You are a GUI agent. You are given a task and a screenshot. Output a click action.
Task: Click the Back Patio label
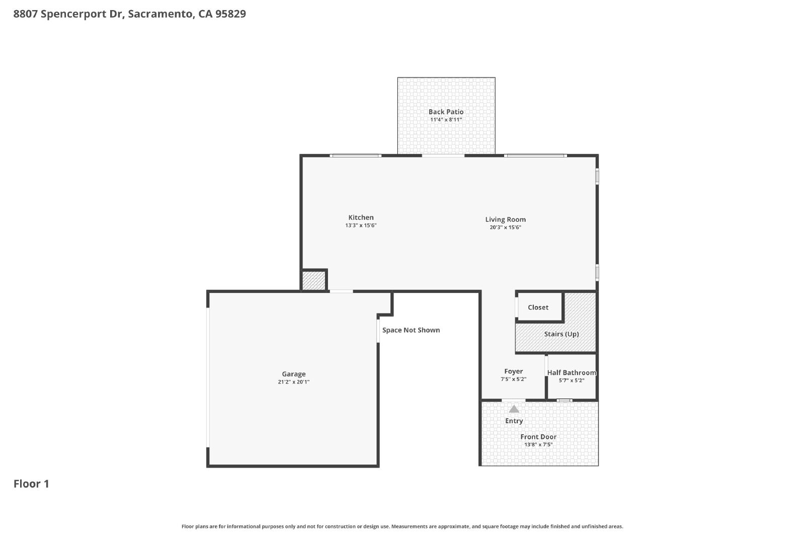[x=446, y=112]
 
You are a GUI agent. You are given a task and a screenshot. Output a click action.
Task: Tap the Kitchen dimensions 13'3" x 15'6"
[x=361, y=225]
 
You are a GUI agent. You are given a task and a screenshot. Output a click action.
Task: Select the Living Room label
[x=505, y=219]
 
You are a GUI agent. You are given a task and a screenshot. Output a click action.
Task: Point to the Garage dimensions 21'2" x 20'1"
[x=294, y=381]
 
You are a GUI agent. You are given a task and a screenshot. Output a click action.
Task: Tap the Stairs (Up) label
[x=561, y=334]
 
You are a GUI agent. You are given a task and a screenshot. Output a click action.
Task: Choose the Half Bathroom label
[x=572, y=372]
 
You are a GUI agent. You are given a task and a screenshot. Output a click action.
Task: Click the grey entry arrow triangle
[x=514, y=409]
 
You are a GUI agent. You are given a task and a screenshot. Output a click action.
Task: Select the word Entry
[x=514, y=421]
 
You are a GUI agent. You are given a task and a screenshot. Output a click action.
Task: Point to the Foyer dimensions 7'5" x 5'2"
[x=514, y=379]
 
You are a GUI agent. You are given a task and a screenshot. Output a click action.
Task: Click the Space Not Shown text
[x=411, y=330]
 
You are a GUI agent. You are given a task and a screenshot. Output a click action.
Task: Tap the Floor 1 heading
[x=31, y=484]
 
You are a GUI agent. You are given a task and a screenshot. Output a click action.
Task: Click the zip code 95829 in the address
[x=230, y=14]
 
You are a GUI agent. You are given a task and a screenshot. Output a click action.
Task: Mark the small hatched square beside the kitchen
[x=314, y=280]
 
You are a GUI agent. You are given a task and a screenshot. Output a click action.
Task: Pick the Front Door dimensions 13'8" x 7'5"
[x=538, y=444]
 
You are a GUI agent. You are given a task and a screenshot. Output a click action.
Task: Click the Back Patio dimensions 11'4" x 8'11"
[x=446, y=120]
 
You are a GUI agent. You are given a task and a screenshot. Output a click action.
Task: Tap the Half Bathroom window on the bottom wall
[x=565, y=401]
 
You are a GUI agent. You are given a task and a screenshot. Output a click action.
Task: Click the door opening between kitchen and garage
[x=341, y=291]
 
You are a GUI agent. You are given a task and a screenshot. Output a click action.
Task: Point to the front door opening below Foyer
[x=513, y=401]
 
